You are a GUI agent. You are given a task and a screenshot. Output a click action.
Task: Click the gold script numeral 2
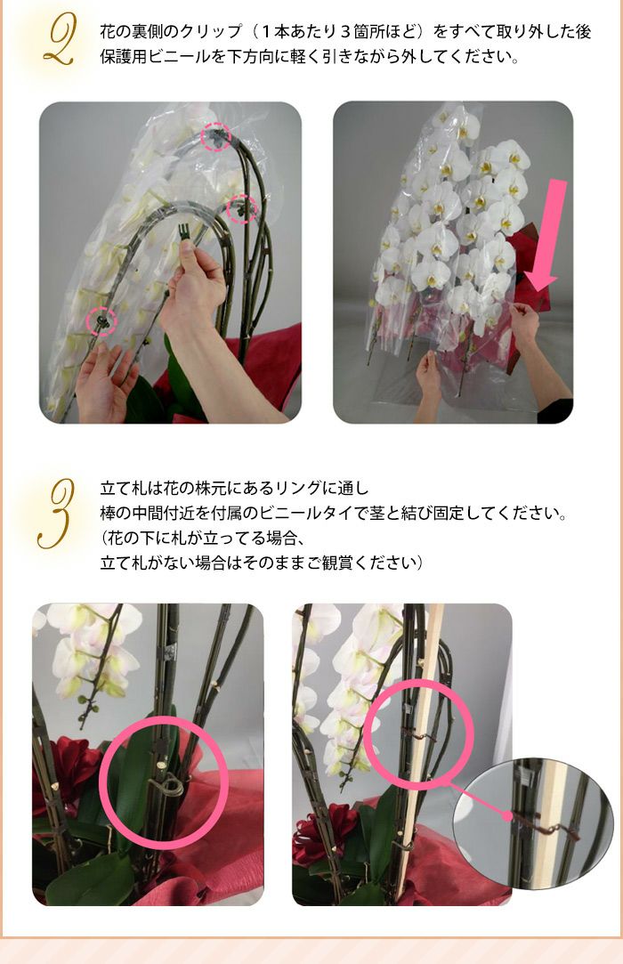coord(60,41)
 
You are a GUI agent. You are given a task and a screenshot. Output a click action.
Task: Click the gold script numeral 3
coord(56,514)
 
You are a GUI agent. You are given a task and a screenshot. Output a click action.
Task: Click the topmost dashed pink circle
coord(216,136)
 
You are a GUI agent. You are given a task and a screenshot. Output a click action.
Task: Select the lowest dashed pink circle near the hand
coord(101,321)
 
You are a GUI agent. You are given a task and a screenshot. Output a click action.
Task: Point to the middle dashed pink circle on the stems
coord(242,209)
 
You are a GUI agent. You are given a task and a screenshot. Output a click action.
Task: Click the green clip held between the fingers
coord(183,234)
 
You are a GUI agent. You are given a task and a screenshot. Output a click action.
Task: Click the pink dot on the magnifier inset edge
coord(507,817)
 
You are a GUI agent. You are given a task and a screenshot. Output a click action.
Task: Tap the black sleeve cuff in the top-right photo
coord(556,410)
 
